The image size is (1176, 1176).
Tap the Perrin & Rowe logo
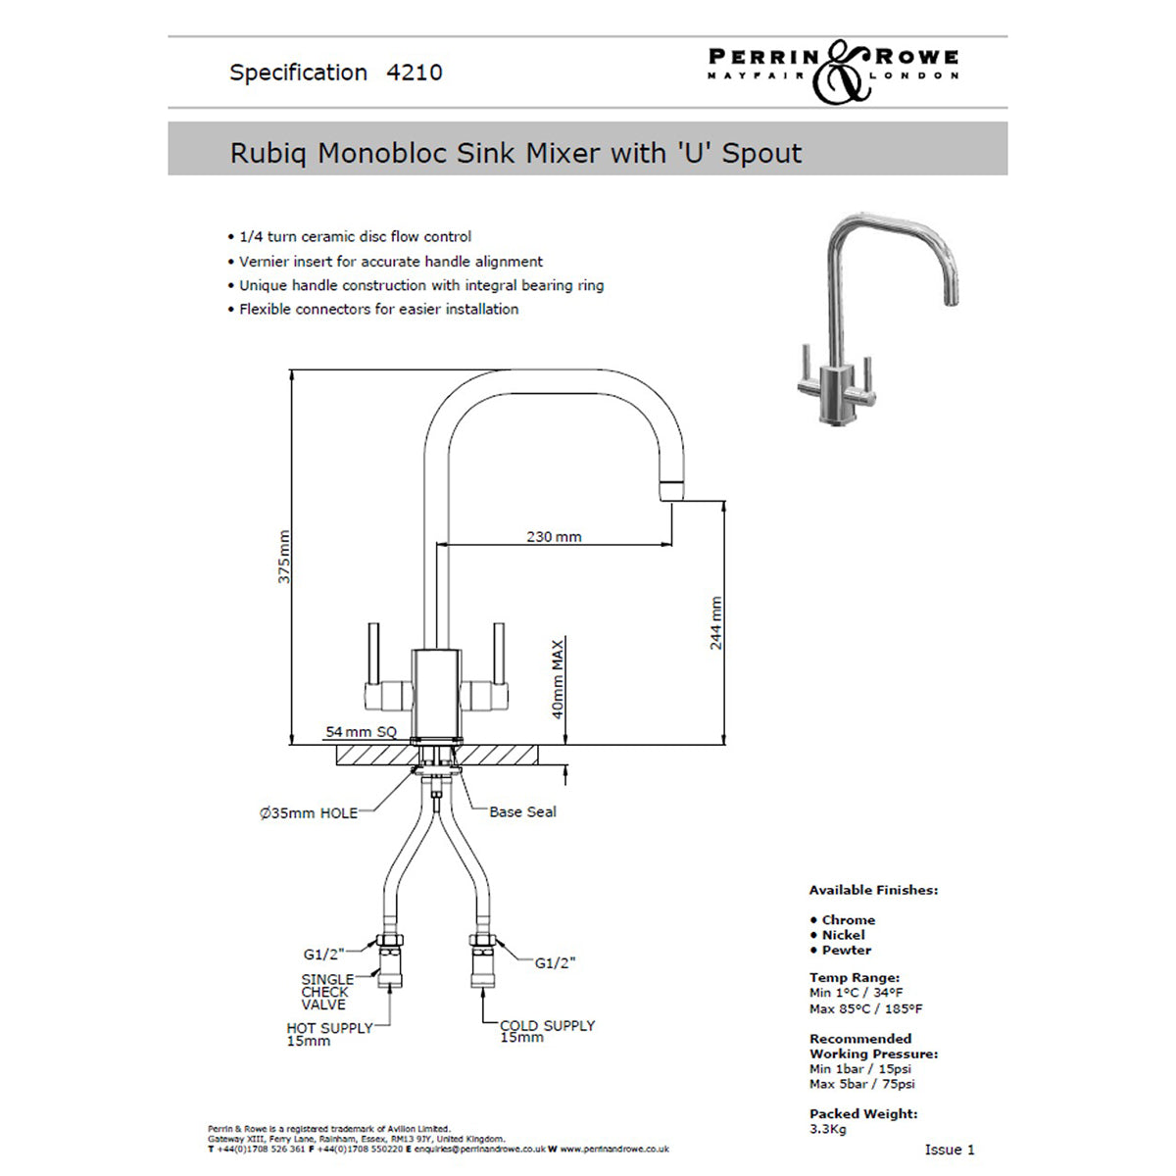click(833, 70)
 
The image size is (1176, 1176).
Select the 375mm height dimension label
click(284, 557)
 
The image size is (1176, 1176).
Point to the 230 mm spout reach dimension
click(554, 537)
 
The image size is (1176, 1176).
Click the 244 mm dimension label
click(715, 622)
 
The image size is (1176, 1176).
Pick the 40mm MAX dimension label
click(558, 679)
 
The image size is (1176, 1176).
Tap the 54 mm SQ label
click(361, 732)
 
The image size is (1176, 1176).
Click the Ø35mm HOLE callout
click(308, 812)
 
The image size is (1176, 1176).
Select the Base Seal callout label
click(522, 811)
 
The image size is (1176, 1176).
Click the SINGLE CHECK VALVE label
click(327, 992)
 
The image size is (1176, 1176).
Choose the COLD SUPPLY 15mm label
click(547, 1031)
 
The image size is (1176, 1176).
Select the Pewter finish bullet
click(846, 951)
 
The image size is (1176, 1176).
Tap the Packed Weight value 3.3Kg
click(828, 1129)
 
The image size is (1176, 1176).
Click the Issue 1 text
click(950, 1150)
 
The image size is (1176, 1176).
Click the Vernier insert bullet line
click(390, 262)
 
